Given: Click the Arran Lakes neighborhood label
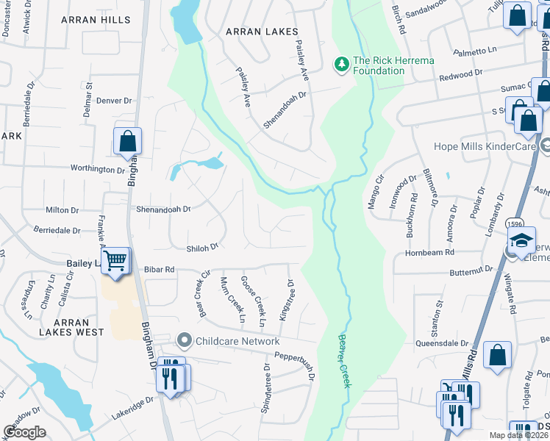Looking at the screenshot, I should (262, 32).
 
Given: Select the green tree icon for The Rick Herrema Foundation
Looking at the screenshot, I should (341, 65).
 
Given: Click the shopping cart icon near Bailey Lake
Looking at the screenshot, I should (115, 261).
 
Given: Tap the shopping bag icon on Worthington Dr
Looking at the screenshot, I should (128, 140).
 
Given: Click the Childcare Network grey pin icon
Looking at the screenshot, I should (183, 341).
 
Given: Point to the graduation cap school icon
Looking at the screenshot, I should (521, 240).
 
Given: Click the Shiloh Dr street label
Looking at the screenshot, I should (203, 248).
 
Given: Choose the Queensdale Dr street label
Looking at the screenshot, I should (442, 343).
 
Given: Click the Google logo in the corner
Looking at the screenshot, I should (25, 432).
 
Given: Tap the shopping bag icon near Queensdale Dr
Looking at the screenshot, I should (498, 354).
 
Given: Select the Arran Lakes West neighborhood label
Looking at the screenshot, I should (71, 327).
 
